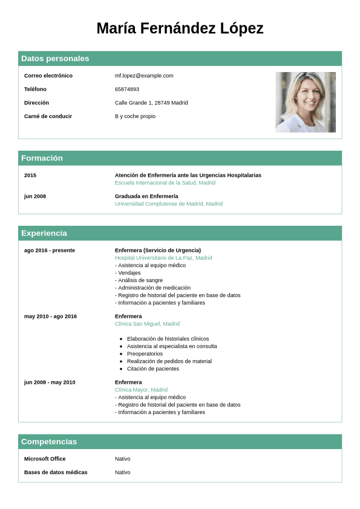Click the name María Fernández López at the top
click(180, 28)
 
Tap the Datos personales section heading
click(55, 59)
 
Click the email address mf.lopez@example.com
click(144, 76)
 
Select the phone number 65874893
click(127, 89)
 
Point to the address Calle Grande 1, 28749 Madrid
click(151, 103)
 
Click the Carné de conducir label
click(48, 116)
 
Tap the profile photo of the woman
click(306, 102)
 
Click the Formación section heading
click(42, 158)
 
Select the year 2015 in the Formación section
click(30, 175)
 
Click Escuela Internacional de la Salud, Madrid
click(165, 183)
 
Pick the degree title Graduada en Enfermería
click(146, 196)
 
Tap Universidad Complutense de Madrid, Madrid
click(169, 204)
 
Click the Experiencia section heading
click(44, 233)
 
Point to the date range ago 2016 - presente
click(50, 250)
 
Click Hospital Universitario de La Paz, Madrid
click(163, 258)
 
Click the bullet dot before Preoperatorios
click(121, 354)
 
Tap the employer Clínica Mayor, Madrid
click(141, 390)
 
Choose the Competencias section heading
click(49, 442)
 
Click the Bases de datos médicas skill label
click(56, 472)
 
